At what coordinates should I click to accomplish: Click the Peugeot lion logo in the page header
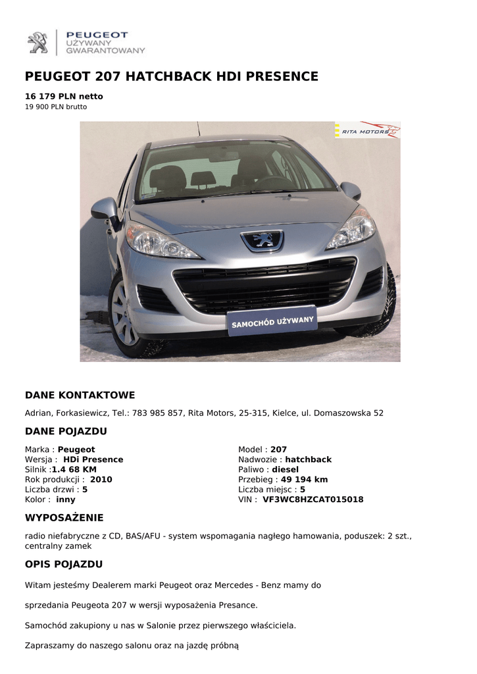[x=38, y=43]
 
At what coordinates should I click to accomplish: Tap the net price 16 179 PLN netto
[x=64, y=96]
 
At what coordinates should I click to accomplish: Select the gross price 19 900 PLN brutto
[x=56, y=107]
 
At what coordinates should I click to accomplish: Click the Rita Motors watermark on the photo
[x=367, y=131]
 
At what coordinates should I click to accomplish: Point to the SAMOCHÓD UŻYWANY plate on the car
[x=272, y=321]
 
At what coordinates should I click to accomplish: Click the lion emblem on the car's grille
[x=262, y=240]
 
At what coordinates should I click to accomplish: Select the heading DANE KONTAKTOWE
[x=80, y=396]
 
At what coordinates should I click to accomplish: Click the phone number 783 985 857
[x=157, y=413]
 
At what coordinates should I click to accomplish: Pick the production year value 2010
[x=101, y=480]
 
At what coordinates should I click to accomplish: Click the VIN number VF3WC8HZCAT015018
[x=313, y=500]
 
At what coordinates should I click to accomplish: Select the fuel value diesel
[x=285, y=470]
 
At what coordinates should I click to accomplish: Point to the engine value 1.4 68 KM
[x=74, y=470]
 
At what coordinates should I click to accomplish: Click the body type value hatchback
[x=308, y=459]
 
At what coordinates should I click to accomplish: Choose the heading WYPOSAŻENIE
[x=64, y=518]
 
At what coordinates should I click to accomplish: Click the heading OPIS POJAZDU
[x=64, y=565]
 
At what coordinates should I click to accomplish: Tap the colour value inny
[x=66, y=500]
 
